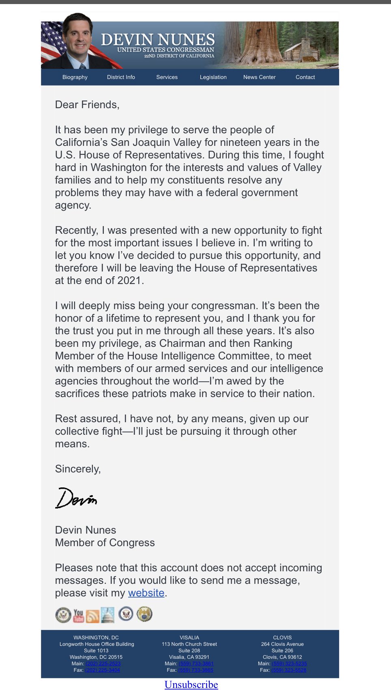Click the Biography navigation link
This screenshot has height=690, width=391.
(75, 77)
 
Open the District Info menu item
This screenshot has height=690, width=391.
(121, 77)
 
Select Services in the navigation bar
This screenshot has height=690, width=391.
(167, 77)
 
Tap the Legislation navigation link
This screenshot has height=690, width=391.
(213, 77)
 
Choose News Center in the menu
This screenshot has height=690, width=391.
(259, 77)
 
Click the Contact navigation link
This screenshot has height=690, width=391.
(305, 77)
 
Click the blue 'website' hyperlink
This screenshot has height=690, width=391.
(146, 593)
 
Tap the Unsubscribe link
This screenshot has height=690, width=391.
(191, 684)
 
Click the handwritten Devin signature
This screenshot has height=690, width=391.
(76, 498)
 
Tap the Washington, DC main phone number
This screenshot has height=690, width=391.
(103, 664)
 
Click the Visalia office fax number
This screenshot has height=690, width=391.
(195, 670)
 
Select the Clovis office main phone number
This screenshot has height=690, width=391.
(289, 664)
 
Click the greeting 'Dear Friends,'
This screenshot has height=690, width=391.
(87, 105)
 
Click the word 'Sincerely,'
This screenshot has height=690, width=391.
(78, 469)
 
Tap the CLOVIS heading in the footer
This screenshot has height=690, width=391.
(282, 637)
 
